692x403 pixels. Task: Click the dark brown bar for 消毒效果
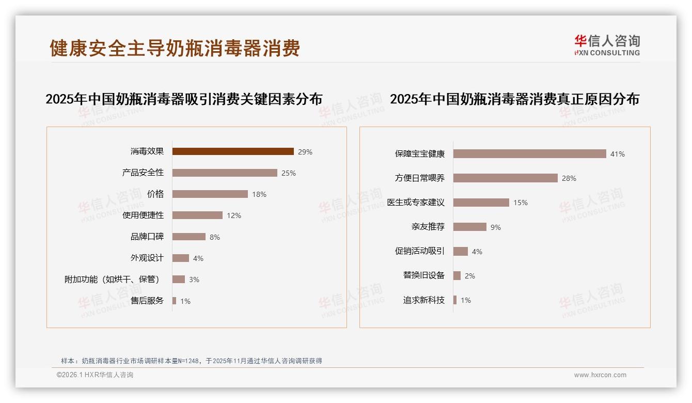[233, 151]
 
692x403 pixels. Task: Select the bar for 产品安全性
[225, 173]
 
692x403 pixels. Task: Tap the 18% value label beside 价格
[259, 194]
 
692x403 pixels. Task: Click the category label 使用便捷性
[143, 215]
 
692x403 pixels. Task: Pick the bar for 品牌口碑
[189, 237]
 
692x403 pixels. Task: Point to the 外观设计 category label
[147, 258]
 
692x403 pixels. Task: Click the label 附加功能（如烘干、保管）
[112, 280]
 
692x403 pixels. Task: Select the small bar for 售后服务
[175, 301]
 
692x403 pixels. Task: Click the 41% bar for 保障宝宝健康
[529, 154]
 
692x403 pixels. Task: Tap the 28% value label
[569, 178]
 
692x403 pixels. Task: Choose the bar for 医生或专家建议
[481, 203]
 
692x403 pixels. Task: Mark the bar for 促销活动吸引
[461, 251]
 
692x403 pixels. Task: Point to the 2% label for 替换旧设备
[470, 276]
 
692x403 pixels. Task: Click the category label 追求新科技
[424, 300]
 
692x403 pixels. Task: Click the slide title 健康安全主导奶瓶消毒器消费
[175, 48]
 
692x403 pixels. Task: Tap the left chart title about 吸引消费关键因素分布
[184, 99]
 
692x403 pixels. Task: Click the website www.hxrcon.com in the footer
[600, 375]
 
